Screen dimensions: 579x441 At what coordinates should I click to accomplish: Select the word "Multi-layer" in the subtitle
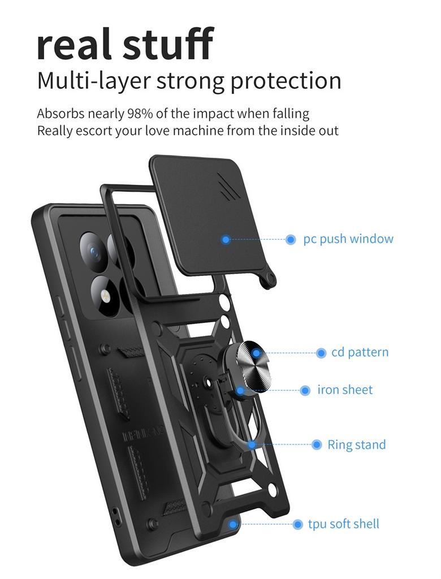tap(93, 81)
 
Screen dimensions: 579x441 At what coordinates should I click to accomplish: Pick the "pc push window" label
tap(348, 239)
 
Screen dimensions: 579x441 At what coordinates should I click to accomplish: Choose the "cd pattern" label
tap(360, 352)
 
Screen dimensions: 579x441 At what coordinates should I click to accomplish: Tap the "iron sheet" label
tap(345, 390)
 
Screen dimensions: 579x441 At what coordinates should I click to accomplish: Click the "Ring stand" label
tap(357, 445)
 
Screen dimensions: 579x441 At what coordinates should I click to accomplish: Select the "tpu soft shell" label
tap(344, 524)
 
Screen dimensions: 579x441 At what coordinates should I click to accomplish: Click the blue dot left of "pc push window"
tap(291, 240)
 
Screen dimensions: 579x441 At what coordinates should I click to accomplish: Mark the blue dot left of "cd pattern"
tap(321, 353)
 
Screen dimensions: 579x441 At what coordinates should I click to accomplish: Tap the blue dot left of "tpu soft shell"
tap(297, 525)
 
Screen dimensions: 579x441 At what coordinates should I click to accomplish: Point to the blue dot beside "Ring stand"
tap(317, 445)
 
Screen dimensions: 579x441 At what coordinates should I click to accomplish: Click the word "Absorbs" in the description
tap(60, 113)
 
